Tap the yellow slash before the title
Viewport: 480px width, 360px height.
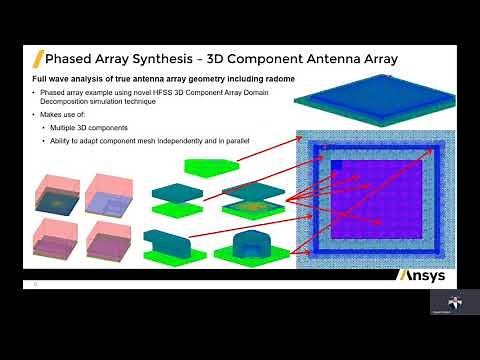(37, 58)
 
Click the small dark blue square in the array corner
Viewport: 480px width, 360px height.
(337, 167)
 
